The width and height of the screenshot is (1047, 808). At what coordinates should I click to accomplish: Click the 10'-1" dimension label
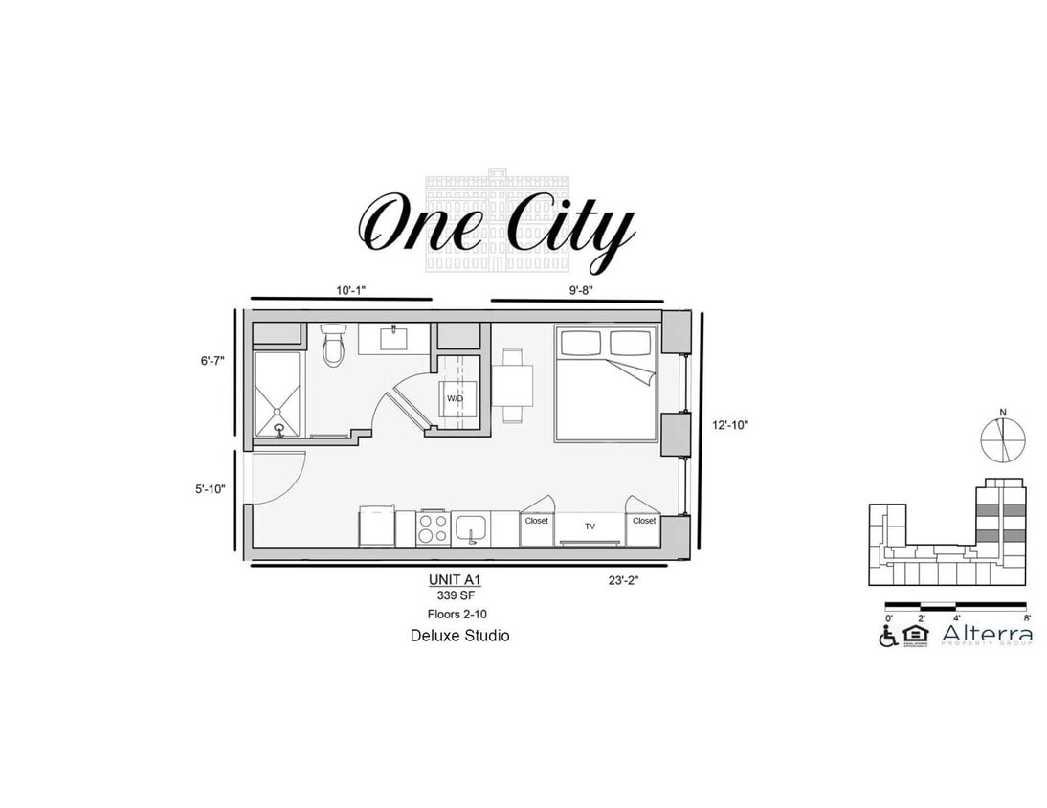point(350,289)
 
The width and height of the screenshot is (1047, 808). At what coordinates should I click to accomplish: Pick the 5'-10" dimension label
point(212,488)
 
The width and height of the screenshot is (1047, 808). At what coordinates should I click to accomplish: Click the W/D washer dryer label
point(455,398)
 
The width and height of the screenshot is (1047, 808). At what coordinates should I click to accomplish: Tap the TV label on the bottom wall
point(590,526)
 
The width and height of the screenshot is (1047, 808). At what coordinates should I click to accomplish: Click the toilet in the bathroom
point(333,346)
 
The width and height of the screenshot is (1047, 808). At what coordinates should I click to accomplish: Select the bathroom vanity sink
point(393,338)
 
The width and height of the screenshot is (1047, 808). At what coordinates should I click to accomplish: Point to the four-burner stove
point(434,527)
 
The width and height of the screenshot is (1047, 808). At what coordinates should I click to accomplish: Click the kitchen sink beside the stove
point(471,527)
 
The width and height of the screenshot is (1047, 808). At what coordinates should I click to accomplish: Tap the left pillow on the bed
point(580,343)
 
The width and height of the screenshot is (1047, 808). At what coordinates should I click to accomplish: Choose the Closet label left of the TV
point(536,522)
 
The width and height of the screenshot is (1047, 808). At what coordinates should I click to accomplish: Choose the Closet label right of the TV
point(644,522)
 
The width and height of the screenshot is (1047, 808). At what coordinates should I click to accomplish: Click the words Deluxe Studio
point(459,635)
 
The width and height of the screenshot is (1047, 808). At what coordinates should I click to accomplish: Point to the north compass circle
point(1003,439)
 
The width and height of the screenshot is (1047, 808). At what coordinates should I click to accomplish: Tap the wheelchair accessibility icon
point(888,636)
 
